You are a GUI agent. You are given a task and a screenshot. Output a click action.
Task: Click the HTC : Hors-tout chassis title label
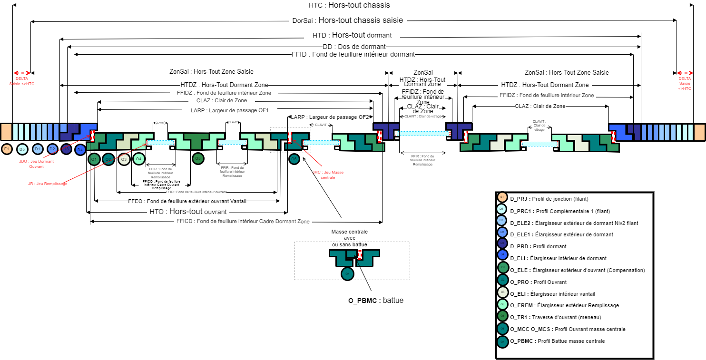(x=349, y=5)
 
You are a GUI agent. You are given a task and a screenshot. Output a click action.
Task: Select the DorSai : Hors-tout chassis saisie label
(x=348, y=20)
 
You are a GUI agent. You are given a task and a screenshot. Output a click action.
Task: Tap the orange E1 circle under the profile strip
(x=7, y=149)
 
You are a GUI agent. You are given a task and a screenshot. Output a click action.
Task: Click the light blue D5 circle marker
(x=22, y=149)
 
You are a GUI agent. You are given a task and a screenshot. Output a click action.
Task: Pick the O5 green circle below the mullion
(x=198, y=158)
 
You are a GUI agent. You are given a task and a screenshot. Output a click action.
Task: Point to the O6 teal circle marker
(x=294, y=159)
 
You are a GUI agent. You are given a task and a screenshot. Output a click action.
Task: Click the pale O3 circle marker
(x=124, y=159)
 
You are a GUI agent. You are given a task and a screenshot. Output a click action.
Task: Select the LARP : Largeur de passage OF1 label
(x=230, y=110)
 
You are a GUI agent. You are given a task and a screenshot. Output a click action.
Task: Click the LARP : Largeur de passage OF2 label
(x=330, y=117)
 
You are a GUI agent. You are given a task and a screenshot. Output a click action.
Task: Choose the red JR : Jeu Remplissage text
(x=48, y=184)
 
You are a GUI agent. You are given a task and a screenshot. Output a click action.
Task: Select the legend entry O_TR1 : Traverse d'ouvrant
(x=556, y=317)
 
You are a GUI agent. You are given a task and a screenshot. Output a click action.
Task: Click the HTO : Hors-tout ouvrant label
(x=188, y=212)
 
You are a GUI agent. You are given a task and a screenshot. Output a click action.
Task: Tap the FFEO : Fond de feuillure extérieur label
(x=187, y=202)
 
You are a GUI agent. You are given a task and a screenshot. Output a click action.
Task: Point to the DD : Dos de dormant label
(x=354, y=47)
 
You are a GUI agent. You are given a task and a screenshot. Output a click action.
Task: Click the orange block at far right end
(x=699, y=132)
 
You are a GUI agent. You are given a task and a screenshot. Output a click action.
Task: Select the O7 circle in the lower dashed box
(x=347, y=274)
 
